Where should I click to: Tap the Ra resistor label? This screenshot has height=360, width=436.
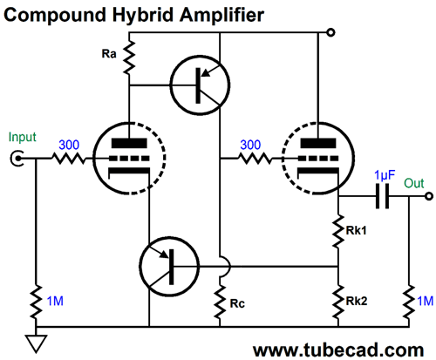pos(109,54)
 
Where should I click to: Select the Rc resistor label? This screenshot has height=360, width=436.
pos(237,303)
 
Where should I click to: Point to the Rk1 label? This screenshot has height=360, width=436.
pos(356,230)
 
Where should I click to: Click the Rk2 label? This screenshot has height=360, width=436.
pos(357,301)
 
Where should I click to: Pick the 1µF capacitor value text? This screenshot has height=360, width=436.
pos(385,175)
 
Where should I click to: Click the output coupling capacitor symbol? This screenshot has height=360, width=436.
pos(382,196)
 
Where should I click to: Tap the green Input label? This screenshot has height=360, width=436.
pos(23,137)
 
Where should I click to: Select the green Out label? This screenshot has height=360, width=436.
pos(414,183)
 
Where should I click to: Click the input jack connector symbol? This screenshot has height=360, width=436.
pos(17,159)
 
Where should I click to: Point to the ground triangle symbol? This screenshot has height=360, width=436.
pos(36,343)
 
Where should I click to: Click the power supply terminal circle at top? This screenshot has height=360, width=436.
pos(330,32)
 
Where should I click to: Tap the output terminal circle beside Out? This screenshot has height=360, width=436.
pos(429,196)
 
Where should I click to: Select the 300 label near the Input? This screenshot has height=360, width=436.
pos(69,145)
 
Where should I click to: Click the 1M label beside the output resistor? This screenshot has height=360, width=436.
pos(426,301)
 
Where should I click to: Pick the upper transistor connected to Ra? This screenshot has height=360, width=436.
pos(200,85)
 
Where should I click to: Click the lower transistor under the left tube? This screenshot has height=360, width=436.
pos(169,266)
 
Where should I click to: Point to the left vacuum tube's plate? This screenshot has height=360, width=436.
pos(129,144)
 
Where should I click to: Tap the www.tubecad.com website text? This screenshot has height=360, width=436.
pos(338,350)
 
